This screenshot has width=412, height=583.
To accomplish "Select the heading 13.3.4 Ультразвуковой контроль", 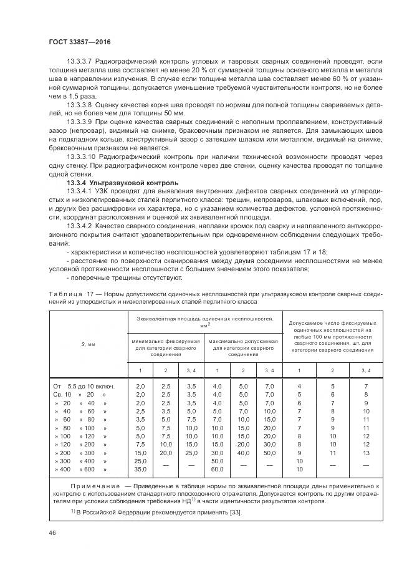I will point(123,183).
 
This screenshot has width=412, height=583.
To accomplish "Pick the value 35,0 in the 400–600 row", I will point(140,468).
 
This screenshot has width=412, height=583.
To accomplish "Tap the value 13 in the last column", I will point(365,452).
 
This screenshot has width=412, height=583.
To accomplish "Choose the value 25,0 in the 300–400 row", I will point(140,460).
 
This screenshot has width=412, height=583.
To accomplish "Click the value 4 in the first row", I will point(299,387).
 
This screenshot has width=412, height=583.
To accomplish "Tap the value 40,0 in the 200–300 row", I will point(243,452).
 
